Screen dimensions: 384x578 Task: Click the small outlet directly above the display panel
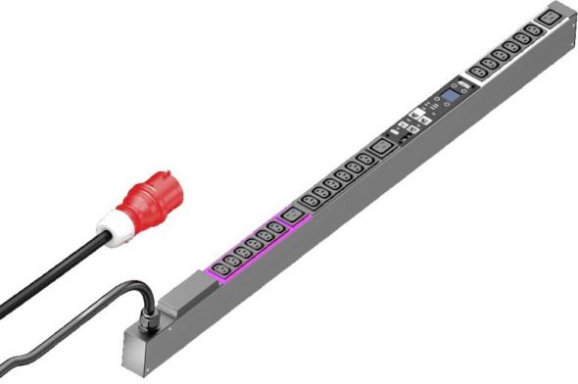477,71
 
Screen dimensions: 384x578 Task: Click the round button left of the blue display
434,105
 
